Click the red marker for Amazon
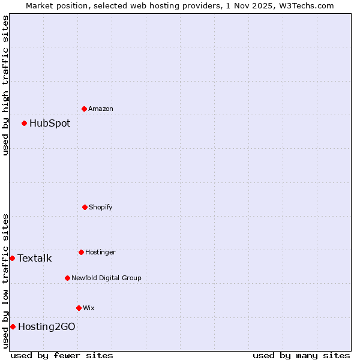tap(85, 109)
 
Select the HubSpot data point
tap(25, 124)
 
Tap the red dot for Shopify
tap(85, 207)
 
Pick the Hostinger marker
tap(81, 252)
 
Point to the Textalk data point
tap(12, 258)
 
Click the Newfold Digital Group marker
tap(67, 278)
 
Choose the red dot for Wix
tap(79, 308)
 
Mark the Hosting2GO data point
tap(13, 326)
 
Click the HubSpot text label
tap(50, 124)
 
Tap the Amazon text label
tap(101, 109)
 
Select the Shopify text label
tap(101, 207)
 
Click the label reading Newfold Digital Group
tap(106, 278)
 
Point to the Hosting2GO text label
tap(47, 326)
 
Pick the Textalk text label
tap(34, 259)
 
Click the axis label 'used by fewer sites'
tap(62, 355)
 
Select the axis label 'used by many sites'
tap(301, 355)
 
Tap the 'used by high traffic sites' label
tap(5, 85)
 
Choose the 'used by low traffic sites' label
tap(5, 281)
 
